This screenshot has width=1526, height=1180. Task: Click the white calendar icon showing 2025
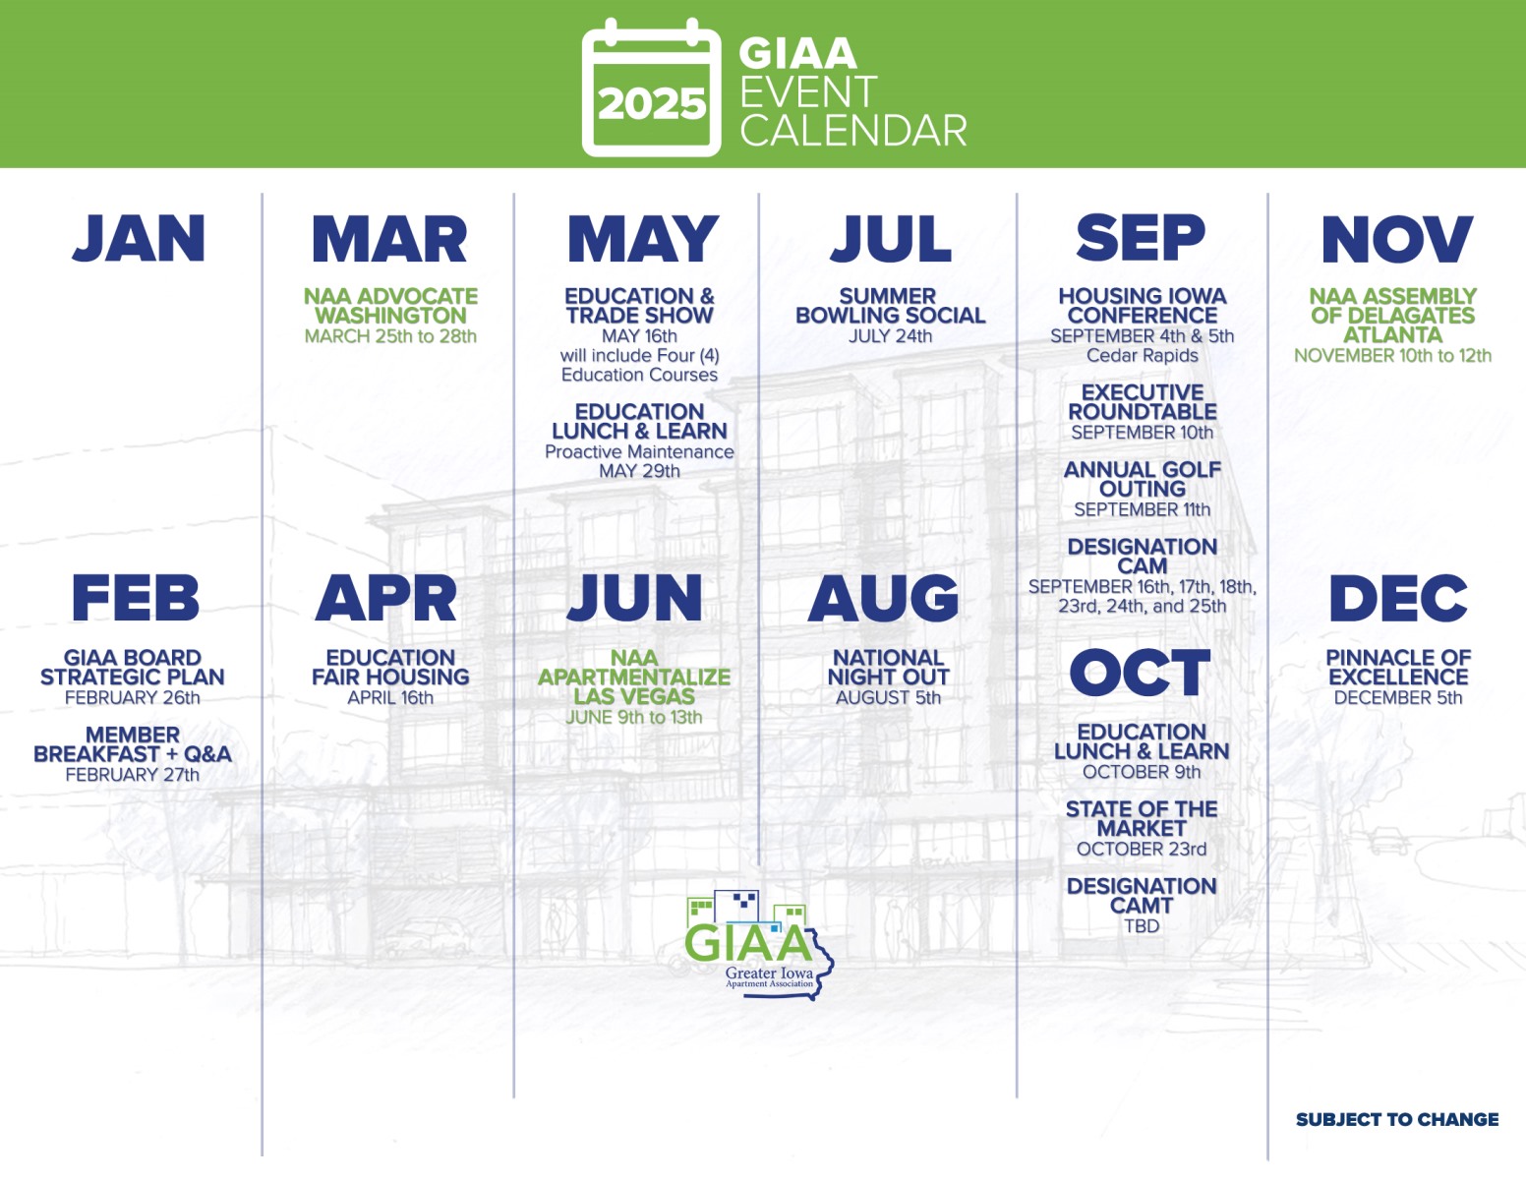point(651,88)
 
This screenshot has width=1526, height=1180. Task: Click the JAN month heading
point(139,239)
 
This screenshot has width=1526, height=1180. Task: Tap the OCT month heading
point(1140,673)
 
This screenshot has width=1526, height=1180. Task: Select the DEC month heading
point(1397,598)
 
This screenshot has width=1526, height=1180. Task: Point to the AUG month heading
point(883,598)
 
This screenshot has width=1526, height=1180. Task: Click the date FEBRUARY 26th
point(133,698)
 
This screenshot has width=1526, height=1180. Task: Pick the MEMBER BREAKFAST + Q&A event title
point(133,744)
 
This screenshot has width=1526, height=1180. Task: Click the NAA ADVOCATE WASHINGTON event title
point(390,306)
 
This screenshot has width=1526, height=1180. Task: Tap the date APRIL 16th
point(390,698)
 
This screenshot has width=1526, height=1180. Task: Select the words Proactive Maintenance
point(639,451)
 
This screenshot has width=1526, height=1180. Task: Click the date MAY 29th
point(639,471)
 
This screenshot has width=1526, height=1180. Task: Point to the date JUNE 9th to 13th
point(634,718)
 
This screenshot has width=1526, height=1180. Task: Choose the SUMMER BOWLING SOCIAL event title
point(890,306)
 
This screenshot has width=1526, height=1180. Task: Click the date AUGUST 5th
point(888,698)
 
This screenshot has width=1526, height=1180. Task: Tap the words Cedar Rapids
point(1142,355)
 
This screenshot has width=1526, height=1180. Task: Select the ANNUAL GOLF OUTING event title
point(1142,479)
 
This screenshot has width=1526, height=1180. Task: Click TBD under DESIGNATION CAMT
point(1142,926)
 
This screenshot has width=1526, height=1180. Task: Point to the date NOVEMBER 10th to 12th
point(1392,355)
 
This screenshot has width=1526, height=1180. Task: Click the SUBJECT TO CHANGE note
point(1397,1119)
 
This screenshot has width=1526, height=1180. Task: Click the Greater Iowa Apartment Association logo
point(759,944)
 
